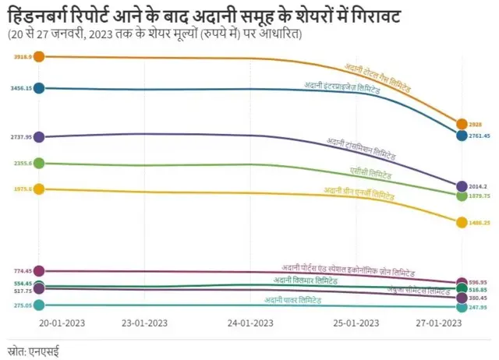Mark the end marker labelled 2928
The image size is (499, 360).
pos(462,124)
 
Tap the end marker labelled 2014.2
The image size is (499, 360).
pos(462,186)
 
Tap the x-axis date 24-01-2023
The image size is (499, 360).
pos(251,323)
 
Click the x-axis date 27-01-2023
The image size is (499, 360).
pos(440,323)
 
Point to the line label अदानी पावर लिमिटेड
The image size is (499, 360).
pos(292,300)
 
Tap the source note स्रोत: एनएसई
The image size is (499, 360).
pos(33,351)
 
